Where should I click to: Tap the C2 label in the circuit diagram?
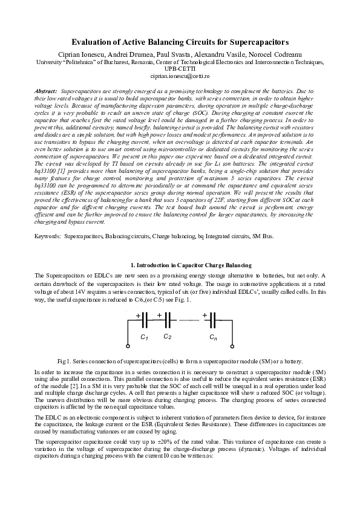click(167, 336)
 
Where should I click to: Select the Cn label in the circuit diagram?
click(213, 337)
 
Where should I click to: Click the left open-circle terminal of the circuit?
click(128, 346)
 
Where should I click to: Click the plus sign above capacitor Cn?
click(206, 315)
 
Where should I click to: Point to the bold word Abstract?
click(47, 90)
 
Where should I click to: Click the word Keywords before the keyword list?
click(47, 253)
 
